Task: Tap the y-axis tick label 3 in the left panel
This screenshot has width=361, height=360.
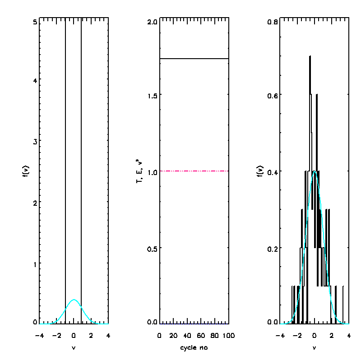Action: point(35,141)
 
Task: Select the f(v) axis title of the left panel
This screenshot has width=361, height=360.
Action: point(26,172)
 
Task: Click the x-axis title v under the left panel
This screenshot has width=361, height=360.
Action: point(74,348)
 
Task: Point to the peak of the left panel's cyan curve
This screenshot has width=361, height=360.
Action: point(74,300)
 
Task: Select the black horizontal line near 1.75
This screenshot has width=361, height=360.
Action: point(194,59)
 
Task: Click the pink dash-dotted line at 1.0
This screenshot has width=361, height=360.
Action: point(194,171)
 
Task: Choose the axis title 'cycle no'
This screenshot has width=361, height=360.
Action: point(194,348)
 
